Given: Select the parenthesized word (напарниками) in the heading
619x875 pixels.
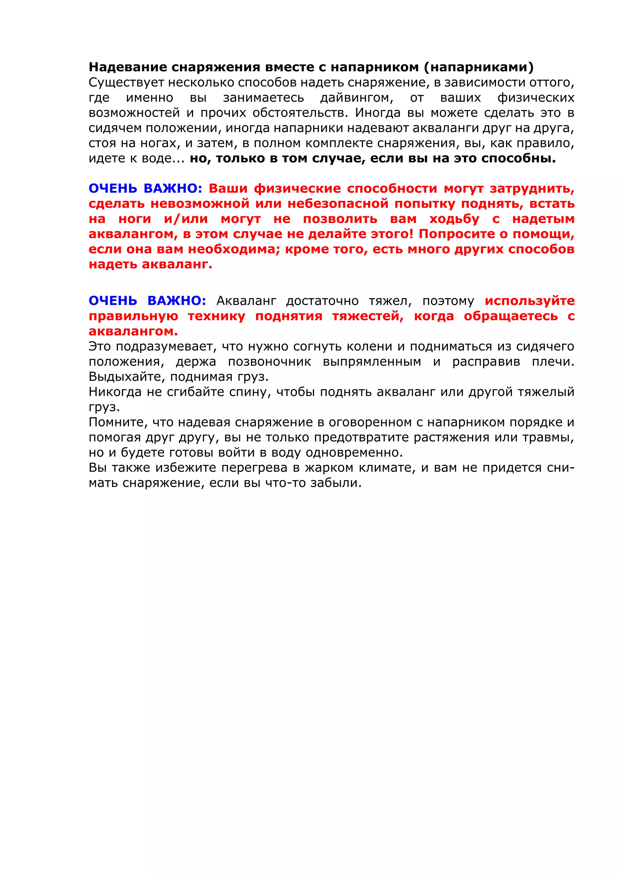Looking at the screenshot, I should [x=479, y=67].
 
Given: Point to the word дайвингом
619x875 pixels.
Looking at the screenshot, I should [x=357, y=98].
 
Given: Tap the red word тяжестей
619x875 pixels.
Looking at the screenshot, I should [x=368, y=316].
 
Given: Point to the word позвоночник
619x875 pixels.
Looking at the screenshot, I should [x=270, y=362].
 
